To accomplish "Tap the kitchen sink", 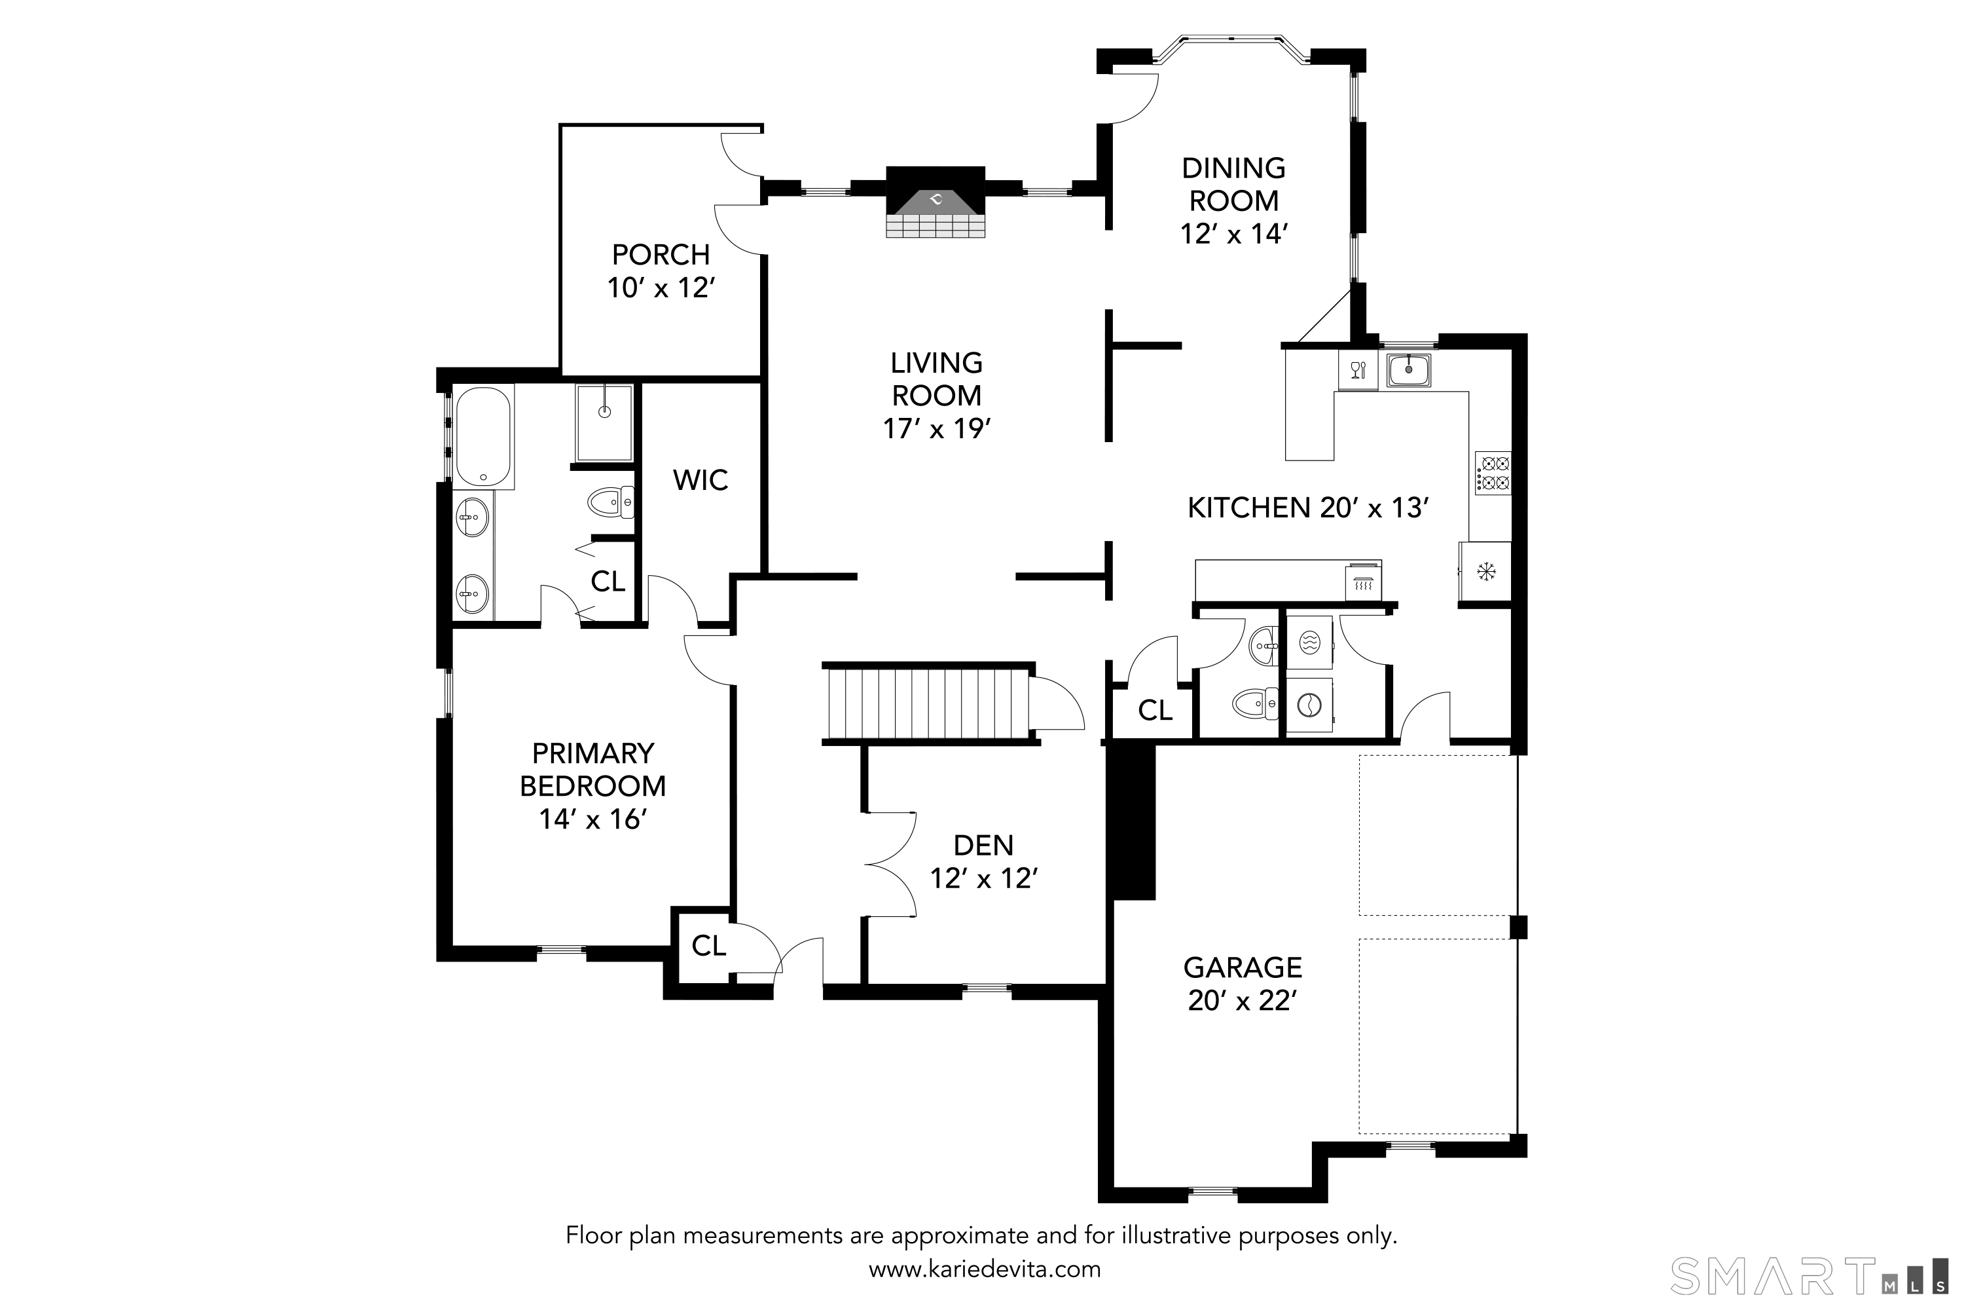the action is (x=1409, y=369).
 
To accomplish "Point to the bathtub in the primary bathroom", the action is (x=482, y=436).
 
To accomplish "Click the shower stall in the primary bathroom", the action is (x=604, y=422).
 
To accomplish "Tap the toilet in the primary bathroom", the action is (x=610, y=503).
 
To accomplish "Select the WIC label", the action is (x=700, y=480).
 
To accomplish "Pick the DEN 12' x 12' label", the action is (x=984, y=861).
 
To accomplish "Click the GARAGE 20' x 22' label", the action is (x=1243, y=983).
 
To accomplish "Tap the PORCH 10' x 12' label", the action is (x=661, y=271).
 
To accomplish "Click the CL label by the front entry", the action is (x=709, y=946).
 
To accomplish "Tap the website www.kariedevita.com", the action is (x=985, y=1270).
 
